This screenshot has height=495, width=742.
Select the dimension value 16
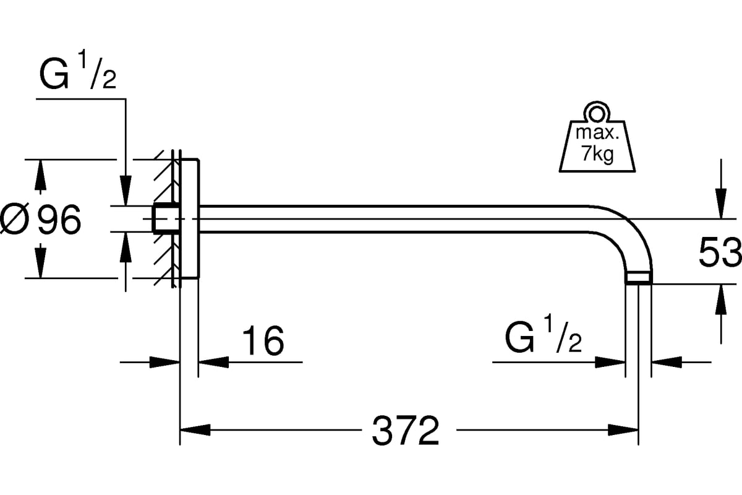click(263, 340)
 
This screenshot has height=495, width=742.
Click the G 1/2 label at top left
click(78, 75)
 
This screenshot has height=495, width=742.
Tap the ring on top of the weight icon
click(597, 113)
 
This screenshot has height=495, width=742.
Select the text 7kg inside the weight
click(597, 155)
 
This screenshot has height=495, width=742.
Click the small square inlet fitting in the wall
click(164, 218)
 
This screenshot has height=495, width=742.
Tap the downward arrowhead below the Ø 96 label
click(41, 262)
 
